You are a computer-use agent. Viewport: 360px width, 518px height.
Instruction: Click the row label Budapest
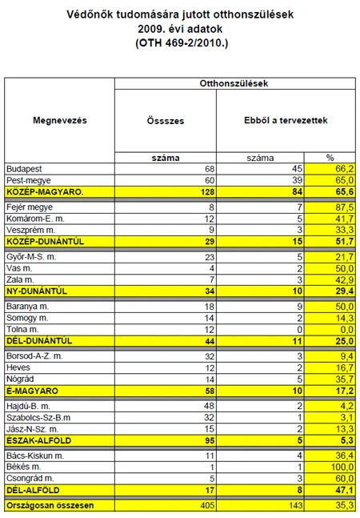[x=23, y=169]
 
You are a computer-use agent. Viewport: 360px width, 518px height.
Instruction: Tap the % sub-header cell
[x=329, y=157]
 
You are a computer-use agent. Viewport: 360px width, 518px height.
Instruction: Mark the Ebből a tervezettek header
[x=275, y=120]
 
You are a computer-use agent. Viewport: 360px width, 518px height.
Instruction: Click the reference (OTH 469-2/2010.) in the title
[x=181, y=42]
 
